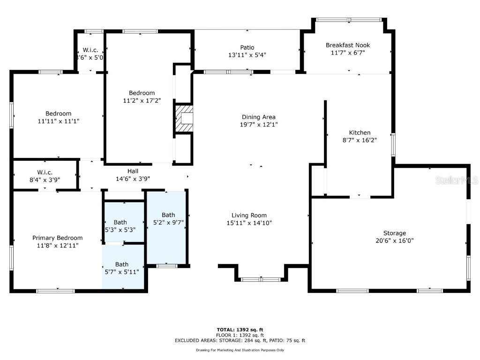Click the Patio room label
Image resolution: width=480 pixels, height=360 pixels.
(247, 47)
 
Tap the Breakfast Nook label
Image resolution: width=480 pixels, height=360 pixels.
(348, 45)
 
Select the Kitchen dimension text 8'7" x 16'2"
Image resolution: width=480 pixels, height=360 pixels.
(360, 140)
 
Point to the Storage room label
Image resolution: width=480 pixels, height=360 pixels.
(394, 233)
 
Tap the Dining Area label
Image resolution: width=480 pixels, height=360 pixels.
(258, 117)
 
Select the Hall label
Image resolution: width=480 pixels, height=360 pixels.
(133, 171)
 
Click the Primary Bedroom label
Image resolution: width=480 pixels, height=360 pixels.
(57, 238)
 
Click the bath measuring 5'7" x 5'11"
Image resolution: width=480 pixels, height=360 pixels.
(122, 268)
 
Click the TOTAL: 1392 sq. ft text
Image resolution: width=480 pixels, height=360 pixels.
(240, 330)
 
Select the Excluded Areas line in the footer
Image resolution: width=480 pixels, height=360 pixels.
(240, 340)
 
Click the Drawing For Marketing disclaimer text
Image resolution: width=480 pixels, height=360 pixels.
(240, 350)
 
